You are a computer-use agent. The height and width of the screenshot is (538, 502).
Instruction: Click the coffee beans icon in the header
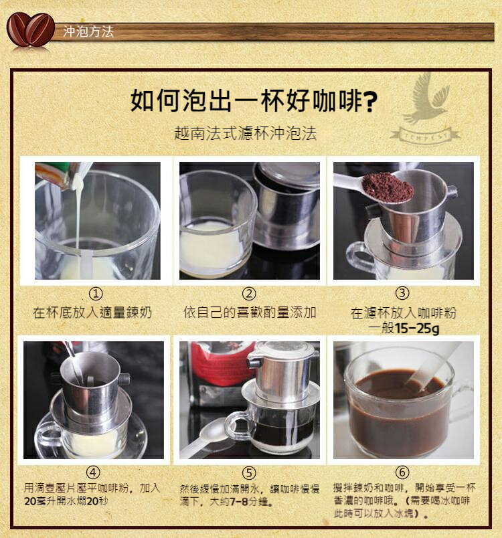click(30, 29)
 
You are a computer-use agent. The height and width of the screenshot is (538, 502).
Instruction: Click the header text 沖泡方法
click(88, 31)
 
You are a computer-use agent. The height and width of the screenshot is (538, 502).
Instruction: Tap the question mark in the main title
click(369, 101)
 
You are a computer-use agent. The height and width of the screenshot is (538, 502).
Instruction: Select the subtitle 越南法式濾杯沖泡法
click(245, 133)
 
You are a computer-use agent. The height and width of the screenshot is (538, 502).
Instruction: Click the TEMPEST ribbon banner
click(426, 137)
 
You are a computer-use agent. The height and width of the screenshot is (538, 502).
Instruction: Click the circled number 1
click(96, 294)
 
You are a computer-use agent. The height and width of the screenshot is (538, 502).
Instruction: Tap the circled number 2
click(249, 294)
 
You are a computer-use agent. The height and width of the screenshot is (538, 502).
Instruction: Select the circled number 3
click(402, 293)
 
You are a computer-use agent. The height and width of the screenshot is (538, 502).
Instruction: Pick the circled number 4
click(93, 473)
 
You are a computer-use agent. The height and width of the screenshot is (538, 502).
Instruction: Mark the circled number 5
click(249, 473)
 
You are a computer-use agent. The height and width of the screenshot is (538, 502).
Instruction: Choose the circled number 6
click(402, 472)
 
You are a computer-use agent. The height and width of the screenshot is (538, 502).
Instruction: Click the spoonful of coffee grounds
click(388, 187)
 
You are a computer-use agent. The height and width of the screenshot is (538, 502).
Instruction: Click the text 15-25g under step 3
click(417, 329)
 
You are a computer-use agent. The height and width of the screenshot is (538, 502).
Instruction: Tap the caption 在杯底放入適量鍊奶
click(92, 312)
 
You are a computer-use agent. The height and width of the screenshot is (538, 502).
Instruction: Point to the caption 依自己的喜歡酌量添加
click(250, 312)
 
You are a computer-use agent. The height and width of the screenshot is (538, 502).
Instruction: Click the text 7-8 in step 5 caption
click(239, 502)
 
